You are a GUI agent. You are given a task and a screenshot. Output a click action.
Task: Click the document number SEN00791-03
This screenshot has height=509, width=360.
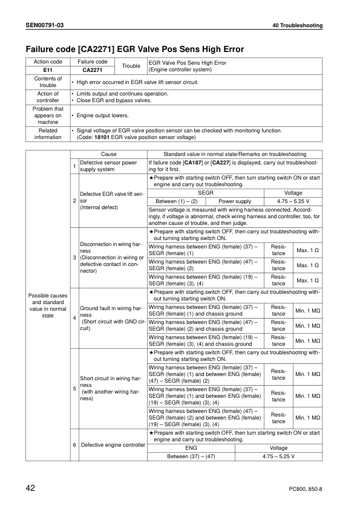45,25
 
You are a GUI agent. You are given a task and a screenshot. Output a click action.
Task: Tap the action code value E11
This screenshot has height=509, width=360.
47,70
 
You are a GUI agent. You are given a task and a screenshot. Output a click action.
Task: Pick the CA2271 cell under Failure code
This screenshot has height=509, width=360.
90,70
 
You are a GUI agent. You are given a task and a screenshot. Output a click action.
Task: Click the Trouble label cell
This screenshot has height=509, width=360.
131,66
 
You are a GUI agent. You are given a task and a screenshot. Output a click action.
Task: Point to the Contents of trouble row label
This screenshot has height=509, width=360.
47,82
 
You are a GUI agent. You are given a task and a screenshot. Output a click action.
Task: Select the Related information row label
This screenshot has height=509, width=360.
47,134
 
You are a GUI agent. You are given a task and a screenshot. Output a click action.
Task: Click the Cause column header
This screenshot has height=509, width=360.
109,154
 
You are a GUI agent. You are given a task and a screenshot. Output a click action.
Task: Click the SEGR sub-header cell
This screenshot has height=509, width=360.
206,192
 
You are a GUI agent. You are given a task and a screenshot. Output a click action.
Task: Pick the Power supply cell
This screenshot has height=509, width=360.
235,201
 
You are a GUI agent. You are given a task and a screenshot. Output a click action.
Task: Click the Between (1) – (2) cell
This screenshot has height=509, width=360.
177,201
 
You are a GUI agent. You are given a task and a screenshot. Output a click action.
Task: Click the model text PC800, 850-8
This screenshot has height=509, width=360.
302,488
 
